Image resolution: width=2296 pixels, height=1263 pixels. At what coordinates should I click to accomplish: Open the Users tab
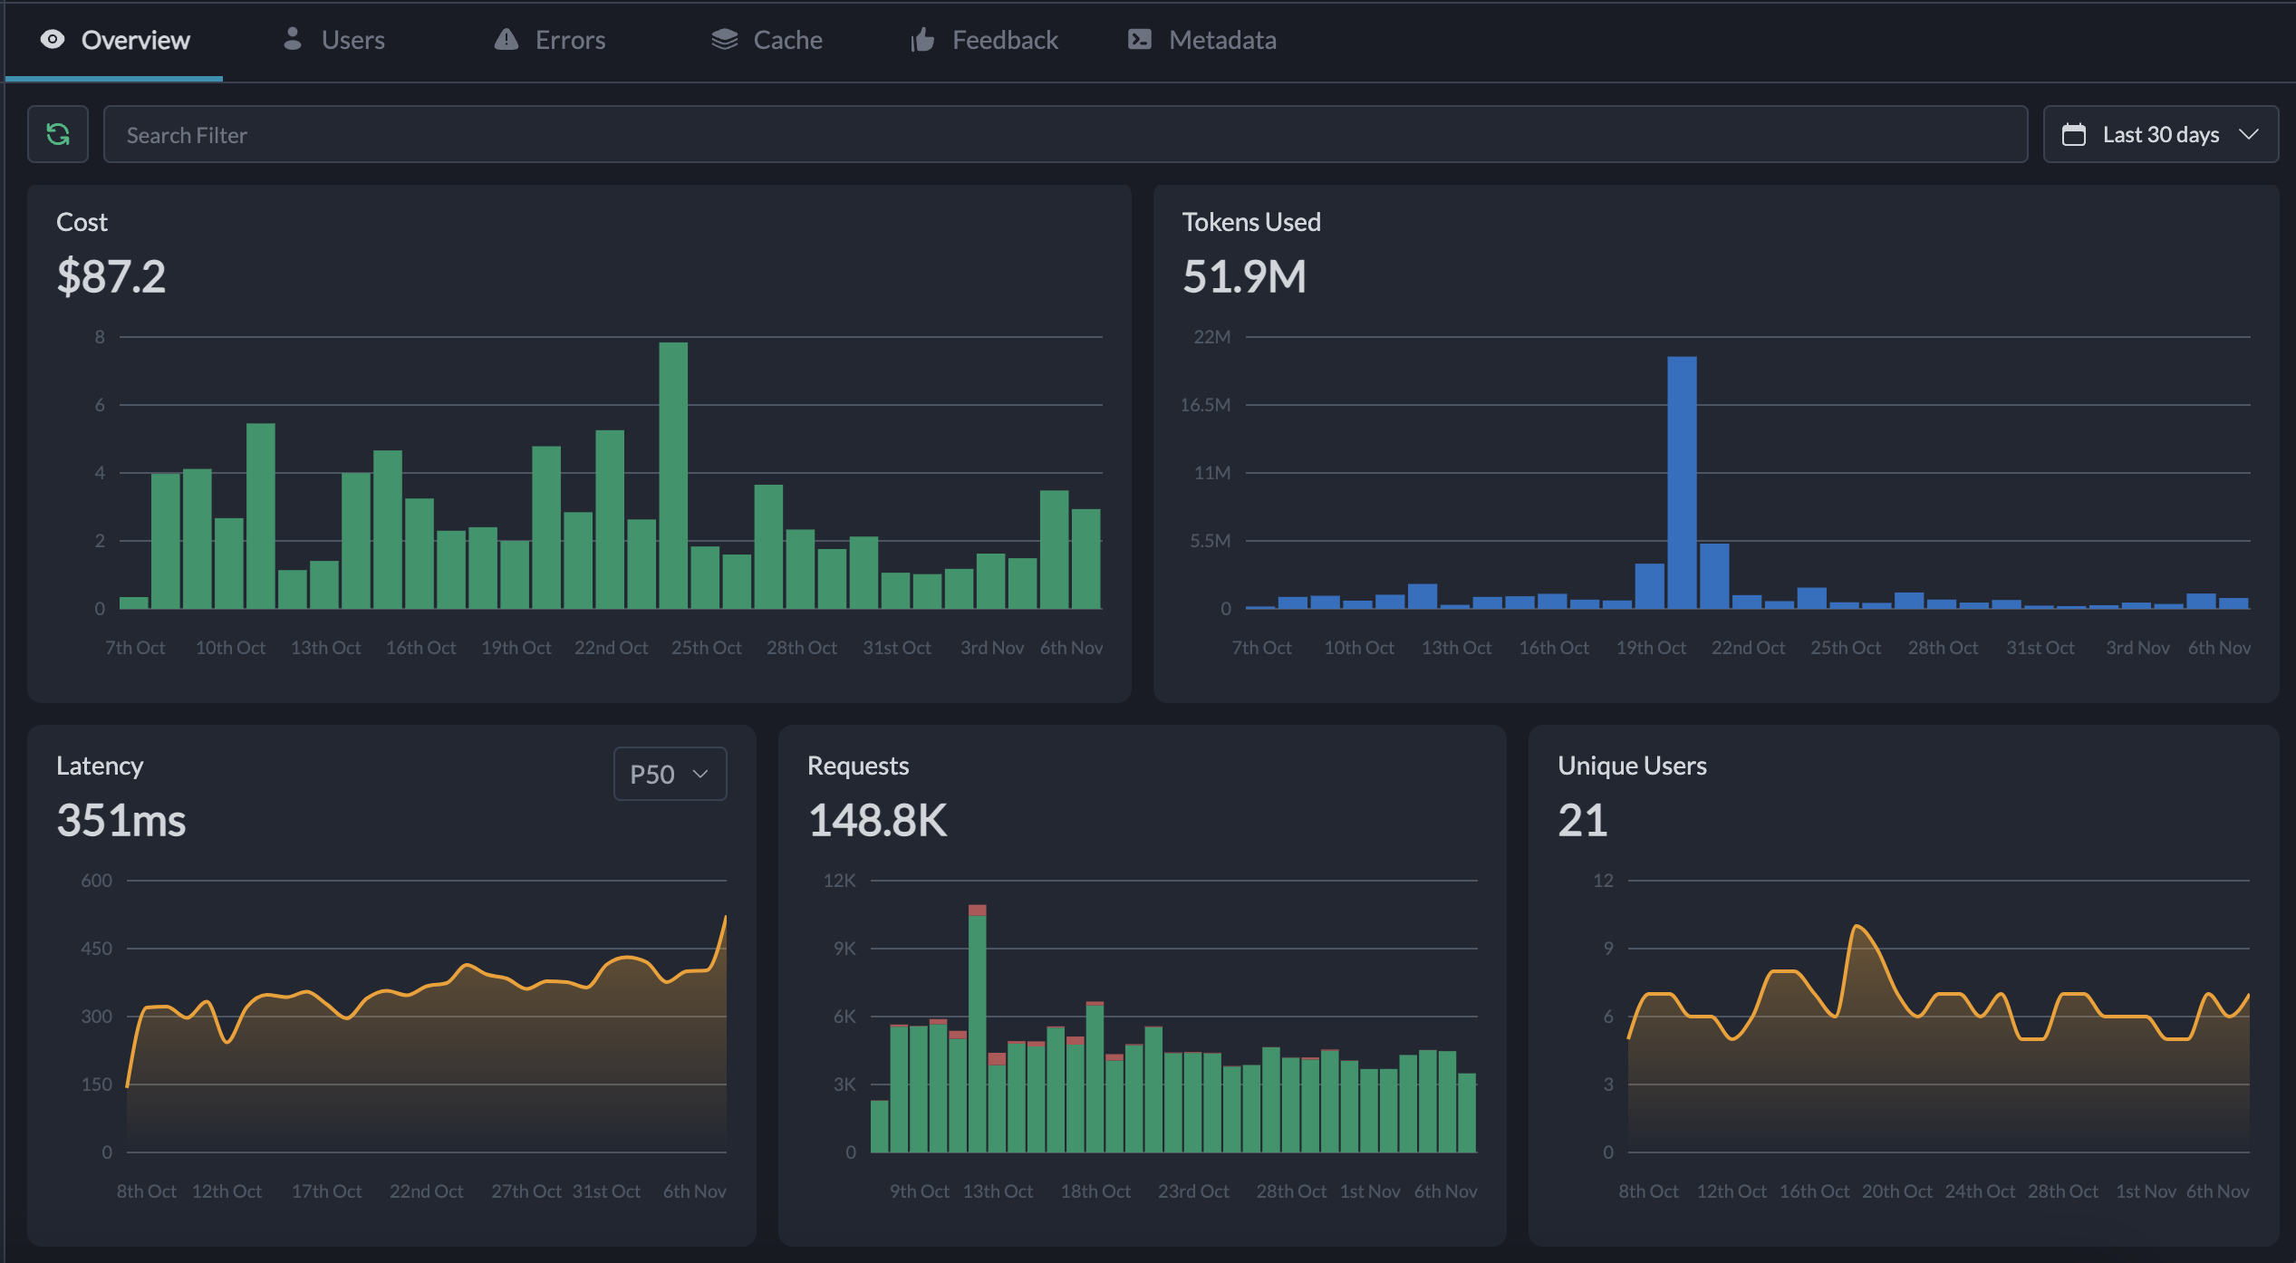(334, 40)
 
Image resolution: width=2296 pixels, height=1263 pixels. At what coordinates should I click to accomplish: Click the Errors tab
(550, 40)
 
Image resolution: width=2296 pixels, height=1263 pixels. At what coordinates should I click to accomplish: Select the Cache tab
(767, 40)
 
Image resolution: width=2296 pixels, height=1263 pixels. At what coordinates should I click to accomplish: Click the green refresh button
(58, 135)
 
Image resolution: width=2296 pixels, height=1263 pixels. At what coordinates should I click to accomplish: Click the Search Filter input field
(1065, 135)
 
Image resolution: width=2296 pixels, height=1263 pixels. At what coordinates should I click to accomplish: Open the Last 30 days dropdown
(2160, 135)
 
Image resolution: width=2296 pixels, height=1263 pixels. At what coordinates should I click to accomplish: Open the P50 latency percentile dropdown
(670, 774)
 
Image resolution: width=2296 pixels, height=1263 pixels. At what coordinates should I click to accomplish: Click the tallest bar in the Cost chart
(673, 476)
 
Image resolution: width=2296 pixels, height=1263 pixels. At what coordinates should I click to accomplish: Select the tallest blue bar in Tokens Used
(1682, 482)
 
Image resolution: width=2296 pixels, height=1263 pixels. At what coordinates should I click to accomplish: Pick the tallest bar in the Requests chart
(977, 1028)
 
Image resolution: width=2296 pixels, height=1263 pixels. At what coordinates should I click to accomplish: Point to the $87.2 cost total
(111, 276)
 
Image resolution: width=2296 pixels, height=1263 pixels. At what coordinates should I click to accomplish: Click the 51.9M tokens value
(1244, 276)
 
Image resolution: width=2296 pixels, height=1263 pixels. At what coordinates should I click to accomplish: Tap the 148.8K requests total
(877, 820)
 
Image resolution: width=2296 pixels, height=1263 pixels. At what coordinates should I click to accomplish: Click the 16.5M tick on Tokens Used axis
(1205, 405)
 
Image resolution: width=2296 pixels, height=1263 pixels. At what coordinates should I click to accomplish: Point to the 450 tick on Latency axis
(97, 949)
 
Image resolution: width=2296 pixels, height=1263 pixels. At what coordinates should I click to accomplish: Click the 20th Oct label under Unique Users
(1896, 1191)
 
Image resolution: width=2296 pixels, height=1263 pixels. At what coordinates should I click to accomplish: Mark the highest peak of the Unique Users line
(1857, 926)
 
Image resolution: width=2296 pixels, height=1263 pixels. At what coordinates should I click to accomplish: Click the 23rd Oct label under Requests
(1193, 1191)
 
